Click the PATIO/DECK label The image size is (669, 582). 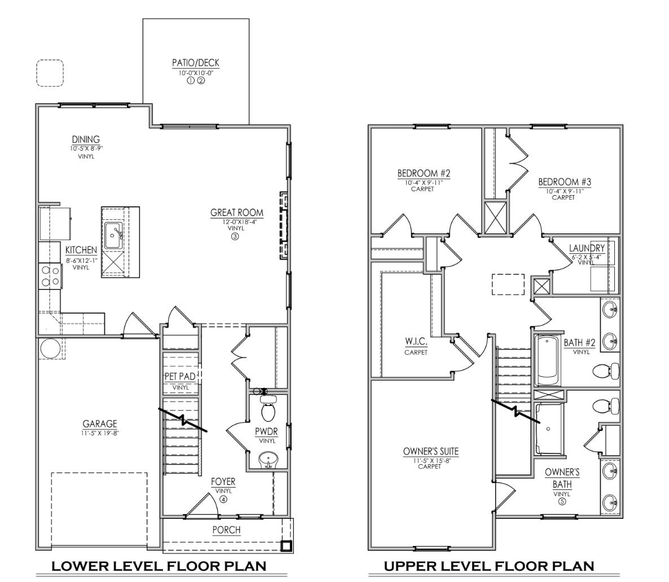[196, 63]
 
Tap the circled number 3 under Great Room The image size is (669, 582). [235, 237]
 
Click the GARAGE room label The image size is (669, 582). [100, 424]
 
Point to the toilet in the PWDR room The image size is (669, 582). [269, 409]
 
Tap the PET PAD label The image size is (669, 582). [180, 376]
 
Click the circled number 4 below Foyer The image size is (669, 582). [223, 499]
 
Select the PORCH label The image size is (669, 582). [226, 530]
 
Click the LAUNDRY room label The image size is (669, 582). [587, 248]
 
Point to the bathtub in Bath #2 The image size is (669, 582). [547, 359]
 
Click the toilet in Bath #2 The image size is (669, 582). [607, 371]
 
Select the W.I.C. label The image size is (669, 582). [415, 343]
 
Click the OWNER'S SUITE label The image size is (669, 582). [430, 452]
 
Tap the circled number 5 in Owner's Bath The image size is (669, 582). [562, 501]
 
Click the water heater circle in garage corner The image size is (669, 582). [49, 348]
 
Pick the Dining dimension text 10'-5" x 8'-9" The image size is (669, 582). [86, 148]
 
